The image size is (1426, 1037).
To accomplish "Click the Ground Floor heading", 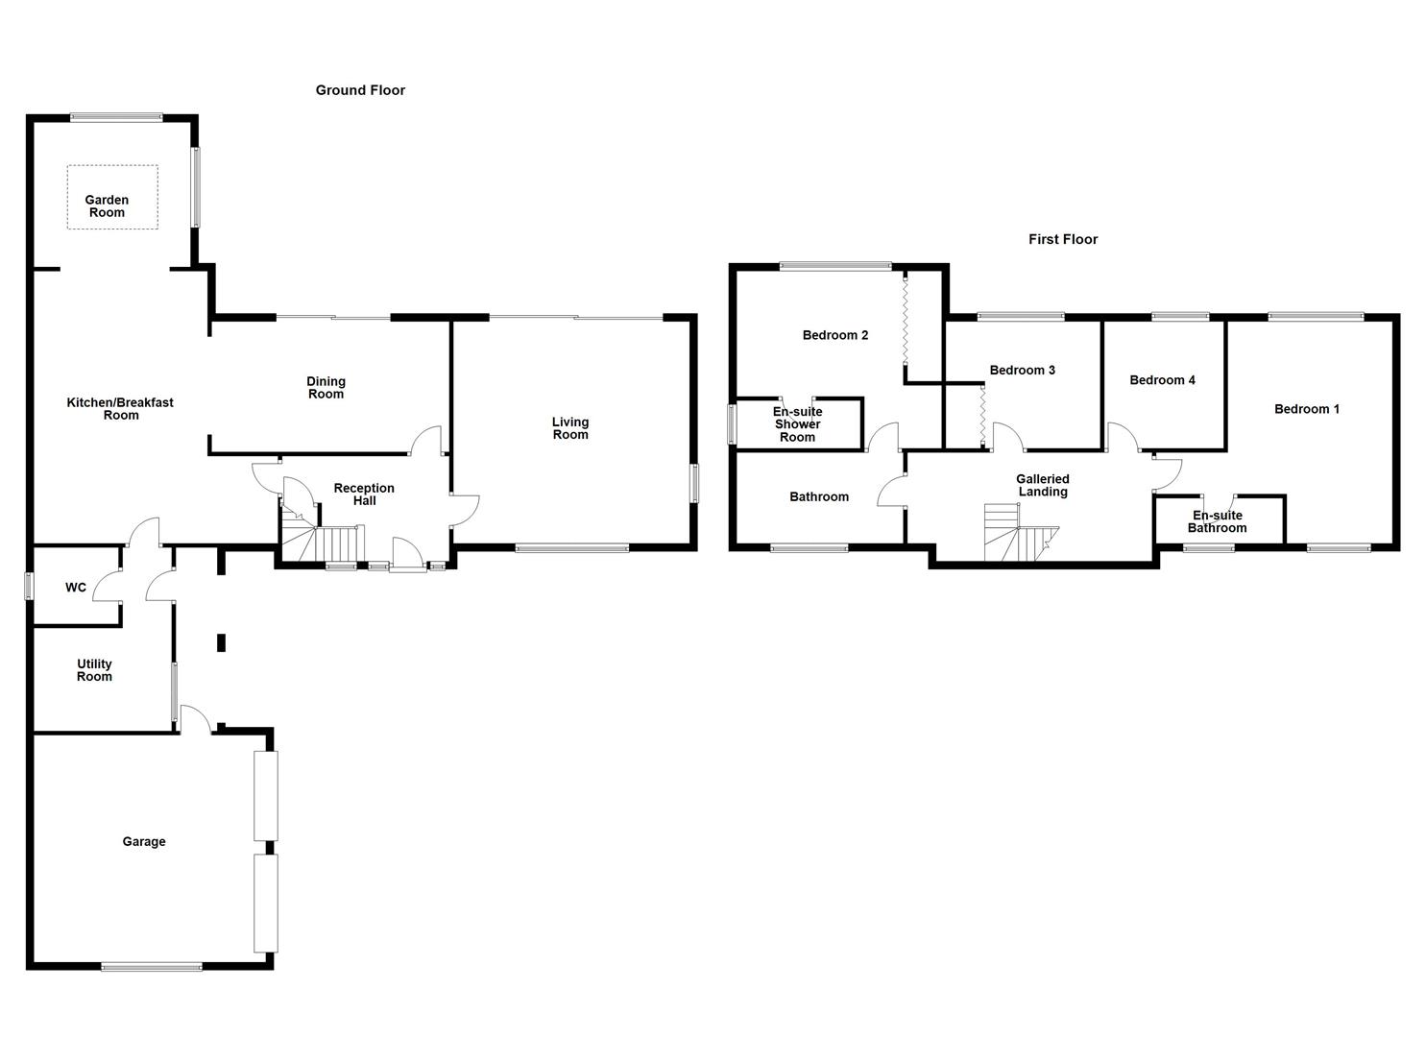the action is pos(360,90).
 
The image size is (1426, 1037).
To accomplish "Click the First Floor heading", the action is pos(1063,239).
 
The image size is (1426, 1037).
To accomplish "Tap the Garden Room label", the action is pos(107,206).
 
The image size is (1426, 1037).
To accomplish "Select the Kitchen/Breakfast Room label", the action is pos(120,409).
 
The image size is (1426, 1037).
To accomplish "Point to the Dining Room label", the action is pos(326,388).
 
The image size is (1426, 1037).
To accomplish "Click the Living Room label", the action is pos(570,428).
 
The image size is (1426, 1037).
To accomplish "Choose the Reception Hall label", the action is pos(364,494).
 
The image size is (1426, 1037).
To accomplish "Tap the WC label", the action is pos(76,588).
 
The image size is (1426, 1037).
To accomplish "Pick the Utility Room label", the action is pos(94,670).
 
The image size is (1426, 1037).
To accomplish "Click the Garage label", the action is pos(144,841).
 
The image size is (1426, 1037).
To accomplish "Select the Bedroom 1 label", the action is pos(1307,409).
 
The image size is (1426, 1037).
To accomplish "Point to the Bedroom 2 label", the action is pos(835,335).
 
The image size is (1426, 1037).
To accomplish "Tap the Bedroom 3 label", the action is pos(1023,371).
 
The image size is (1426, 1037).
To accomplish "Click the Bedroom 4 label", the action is pos(1163,380).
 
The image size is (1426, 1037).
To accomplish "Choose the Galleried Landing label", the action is pos(1043,485).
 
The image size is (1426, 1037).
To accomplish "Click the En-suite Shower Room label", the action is pos(798,424).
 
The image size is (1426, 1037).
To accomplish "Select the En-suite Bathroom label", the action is pos(1218,522).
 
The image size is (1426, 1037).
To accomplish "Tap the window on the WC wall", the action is pos(29,587).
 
